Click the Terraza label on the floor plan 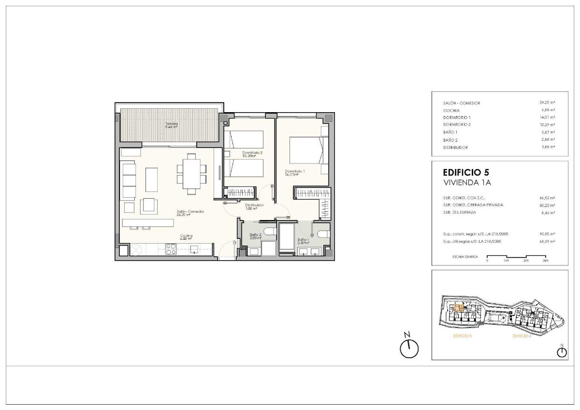[172, 125]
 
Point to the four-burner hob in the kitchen [171, 249]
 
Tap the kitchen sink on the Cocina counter [194, 249]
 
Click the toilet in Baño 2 [270, 233]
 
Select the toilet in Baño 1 [323, 234]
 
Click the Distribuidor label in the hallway [254, 206]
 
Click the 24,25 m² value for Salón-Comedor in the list [547, 103]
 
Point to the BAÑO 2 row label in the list [450, 140]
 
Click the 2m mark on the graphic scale [525, 261]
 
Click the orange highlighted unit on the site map [460, 307]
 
